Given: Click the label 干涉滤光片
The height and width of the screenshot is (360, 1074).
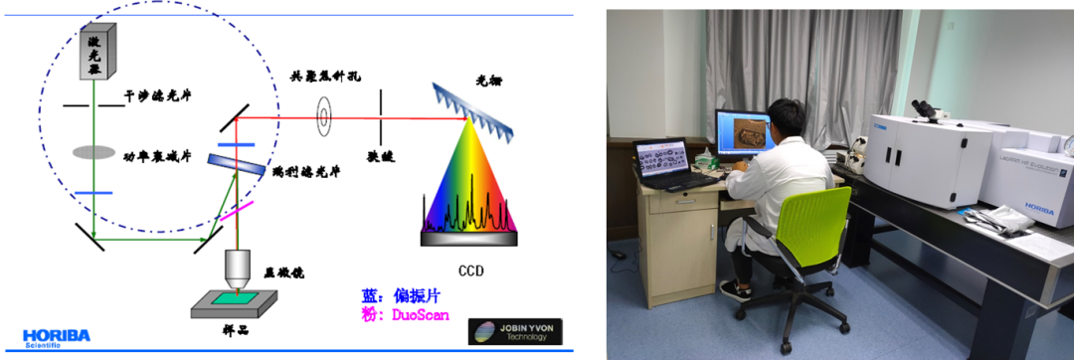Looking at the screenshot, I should pyautogui.click(x=158, y=97).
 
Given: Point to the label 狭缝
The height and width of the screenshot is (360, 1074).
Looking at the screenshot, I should pyautogui.click(x=381, y=156).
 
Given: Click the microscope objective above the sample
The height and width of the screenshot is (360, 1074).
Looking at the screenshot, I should pyautogui.click(x=237, y=268).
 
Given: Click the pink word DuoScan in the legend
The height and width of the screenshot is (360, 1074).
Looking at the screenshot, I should pyautogui.click(x=417, y=315).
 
